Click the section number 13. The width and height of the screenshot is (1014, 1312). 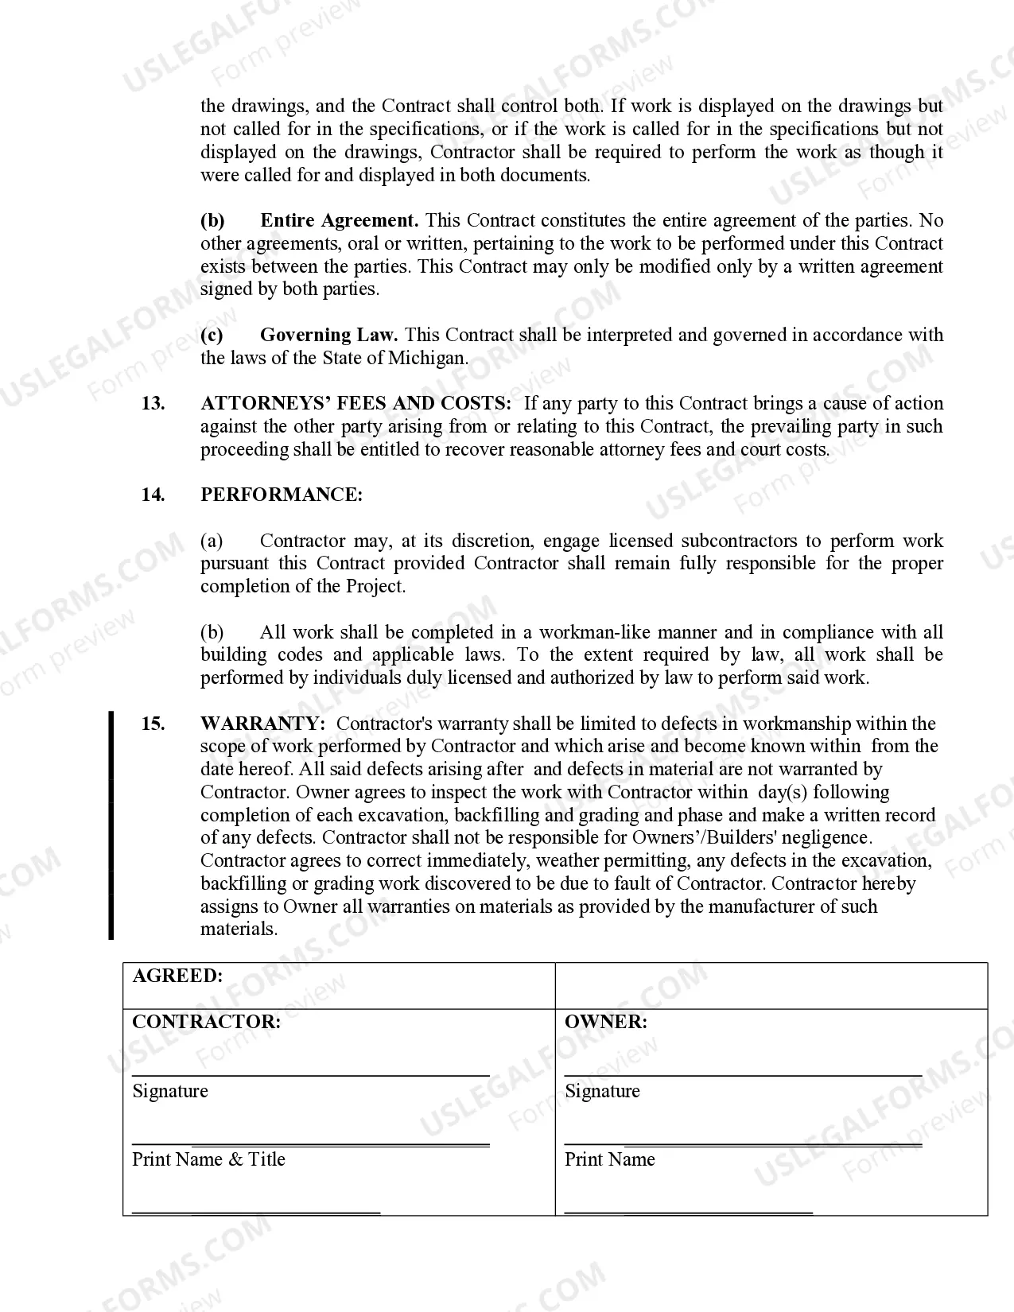pos(153,404)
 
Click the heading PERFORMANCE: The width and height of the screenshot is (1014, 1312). pos(282,495)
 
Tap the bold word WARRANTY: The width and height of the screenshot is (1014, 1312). pos(262,724)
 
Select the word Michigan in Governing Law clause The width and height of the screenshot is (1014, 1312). pos(427,359)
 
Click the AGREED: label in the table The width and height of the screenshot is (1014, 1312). pos(177,976)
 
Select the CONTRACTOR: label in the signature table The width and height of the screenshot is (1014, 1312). pos(206,1023)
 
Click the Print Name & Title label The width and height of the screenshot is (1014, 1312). pos(208,1159)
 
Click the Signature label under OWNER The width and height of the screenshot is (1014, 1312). pos(602,1091)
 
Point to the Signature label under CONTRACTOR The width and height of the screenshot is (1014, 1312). pos(170,1091)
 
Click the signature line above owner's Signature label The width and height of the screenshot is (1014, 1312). pos(743,1075)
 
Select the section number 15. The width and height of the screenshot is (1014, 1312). pos(153,724)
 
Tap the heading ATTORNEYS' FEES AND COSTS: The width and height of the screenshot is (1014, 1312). pos(356,404)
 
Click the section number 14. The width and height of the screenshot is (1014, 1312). pos(153,495)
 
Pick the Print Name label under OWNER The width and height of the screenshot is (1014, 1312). pos(610,1159)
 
